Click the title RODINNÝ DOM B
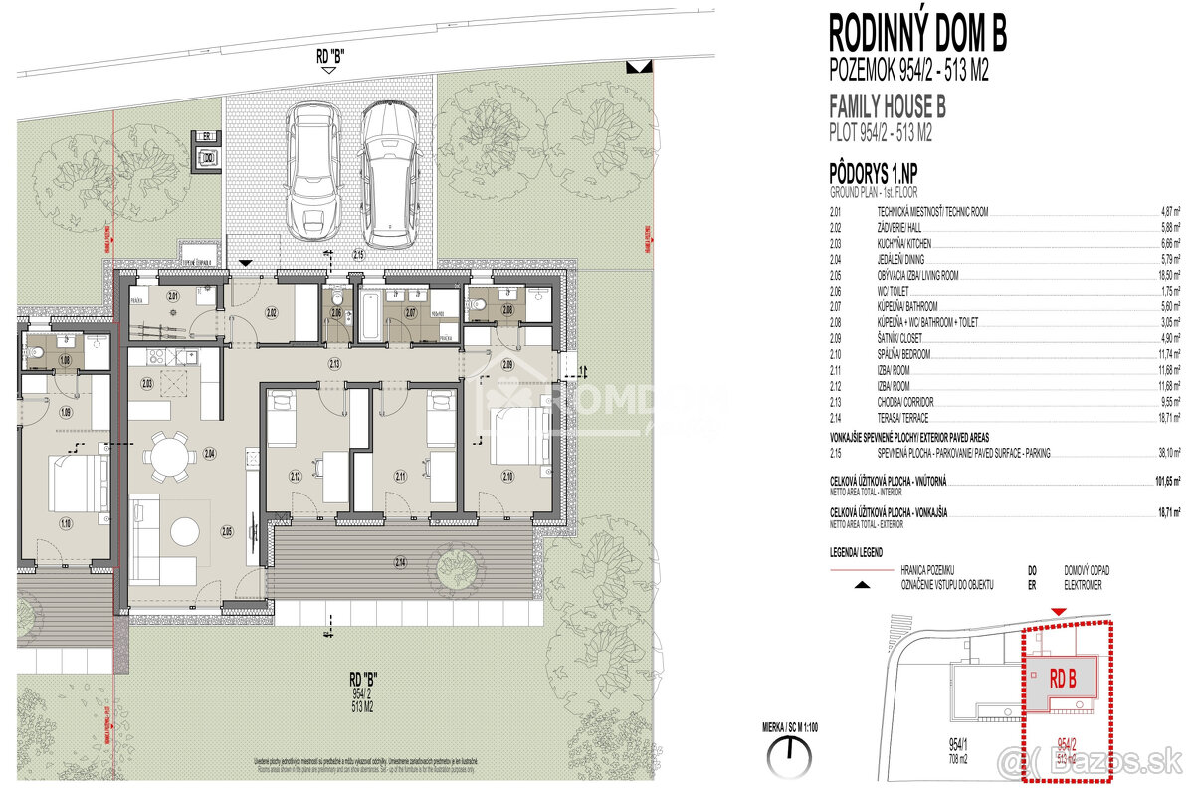(916, 33)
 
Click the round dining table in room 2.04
(171, 455)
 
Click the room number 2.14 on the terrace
(400, 564)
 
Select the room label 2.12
(296, 477)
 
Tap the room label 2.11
(401, 477)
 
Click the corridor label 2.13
(334, 365)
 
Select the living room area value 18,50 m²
(1169, 275)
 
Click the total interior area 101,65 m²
(1165, 481)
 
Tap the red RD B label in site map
(1063, 680)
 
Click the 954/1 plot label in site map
(962, 743)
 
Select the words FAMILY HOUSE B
(887, 106)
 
